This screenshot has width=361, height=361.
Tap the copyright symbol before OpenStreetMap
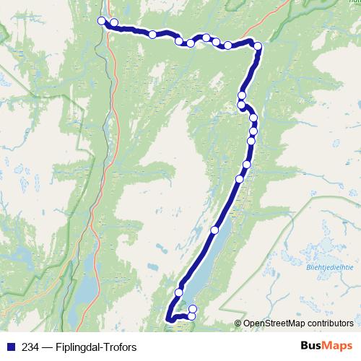coord(238,323)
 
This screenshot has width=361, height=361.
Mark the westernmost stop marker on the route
coord(102,21)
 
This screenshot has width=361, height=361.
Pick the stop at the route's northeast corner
coord(258,46)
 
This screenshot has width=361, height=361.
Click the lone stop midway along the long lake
coord(214,230)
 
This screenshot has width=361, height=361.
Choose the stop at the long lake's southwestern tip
coord(179,292)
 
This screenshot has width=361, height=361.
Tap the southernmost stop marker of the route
coord(192,316)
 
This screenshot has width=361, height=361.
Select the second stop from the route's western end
coord(114,23)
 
